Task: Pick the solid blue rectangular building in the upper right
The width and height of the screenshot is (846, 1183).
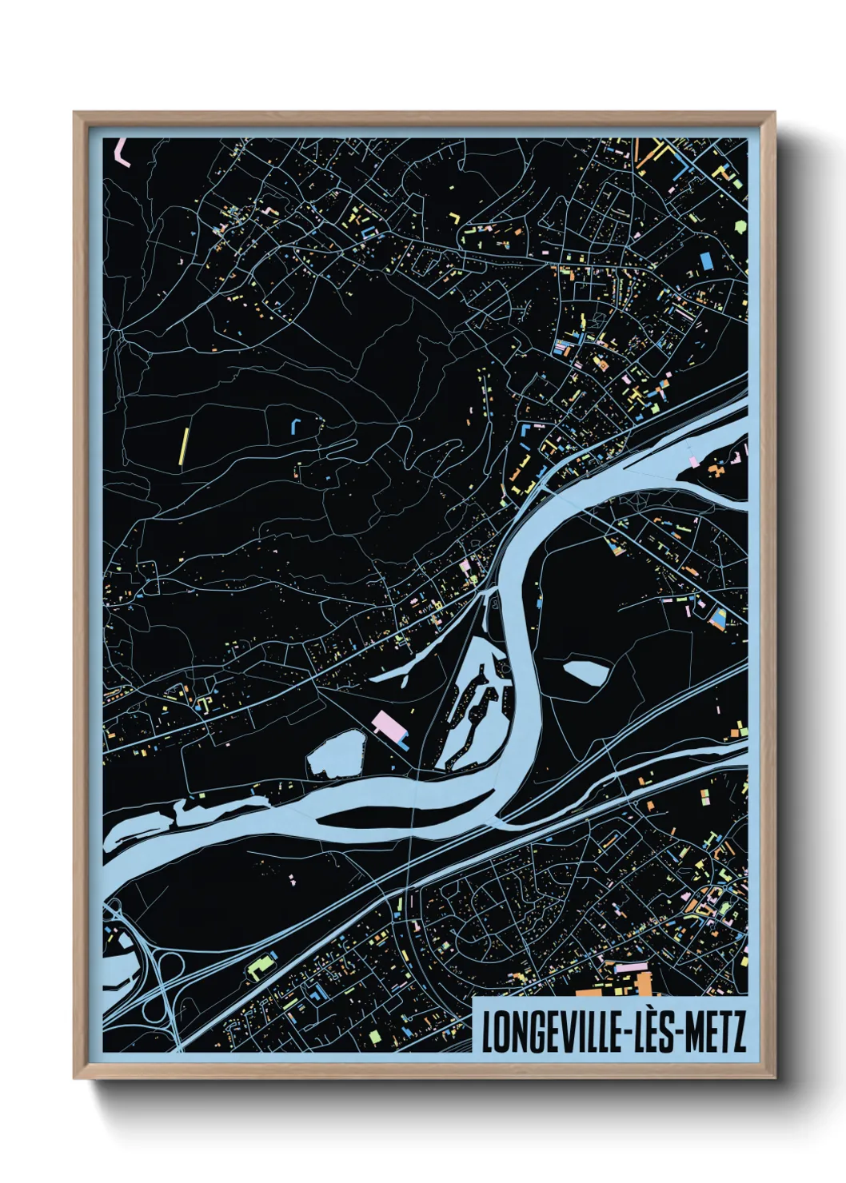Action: tap(706, 261)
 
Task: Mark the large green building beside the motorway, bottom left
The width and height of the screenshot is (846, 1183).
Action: tap(260, 968)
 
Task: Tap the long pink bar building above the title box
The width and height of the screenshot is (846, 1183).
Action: tap(632, 967)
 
